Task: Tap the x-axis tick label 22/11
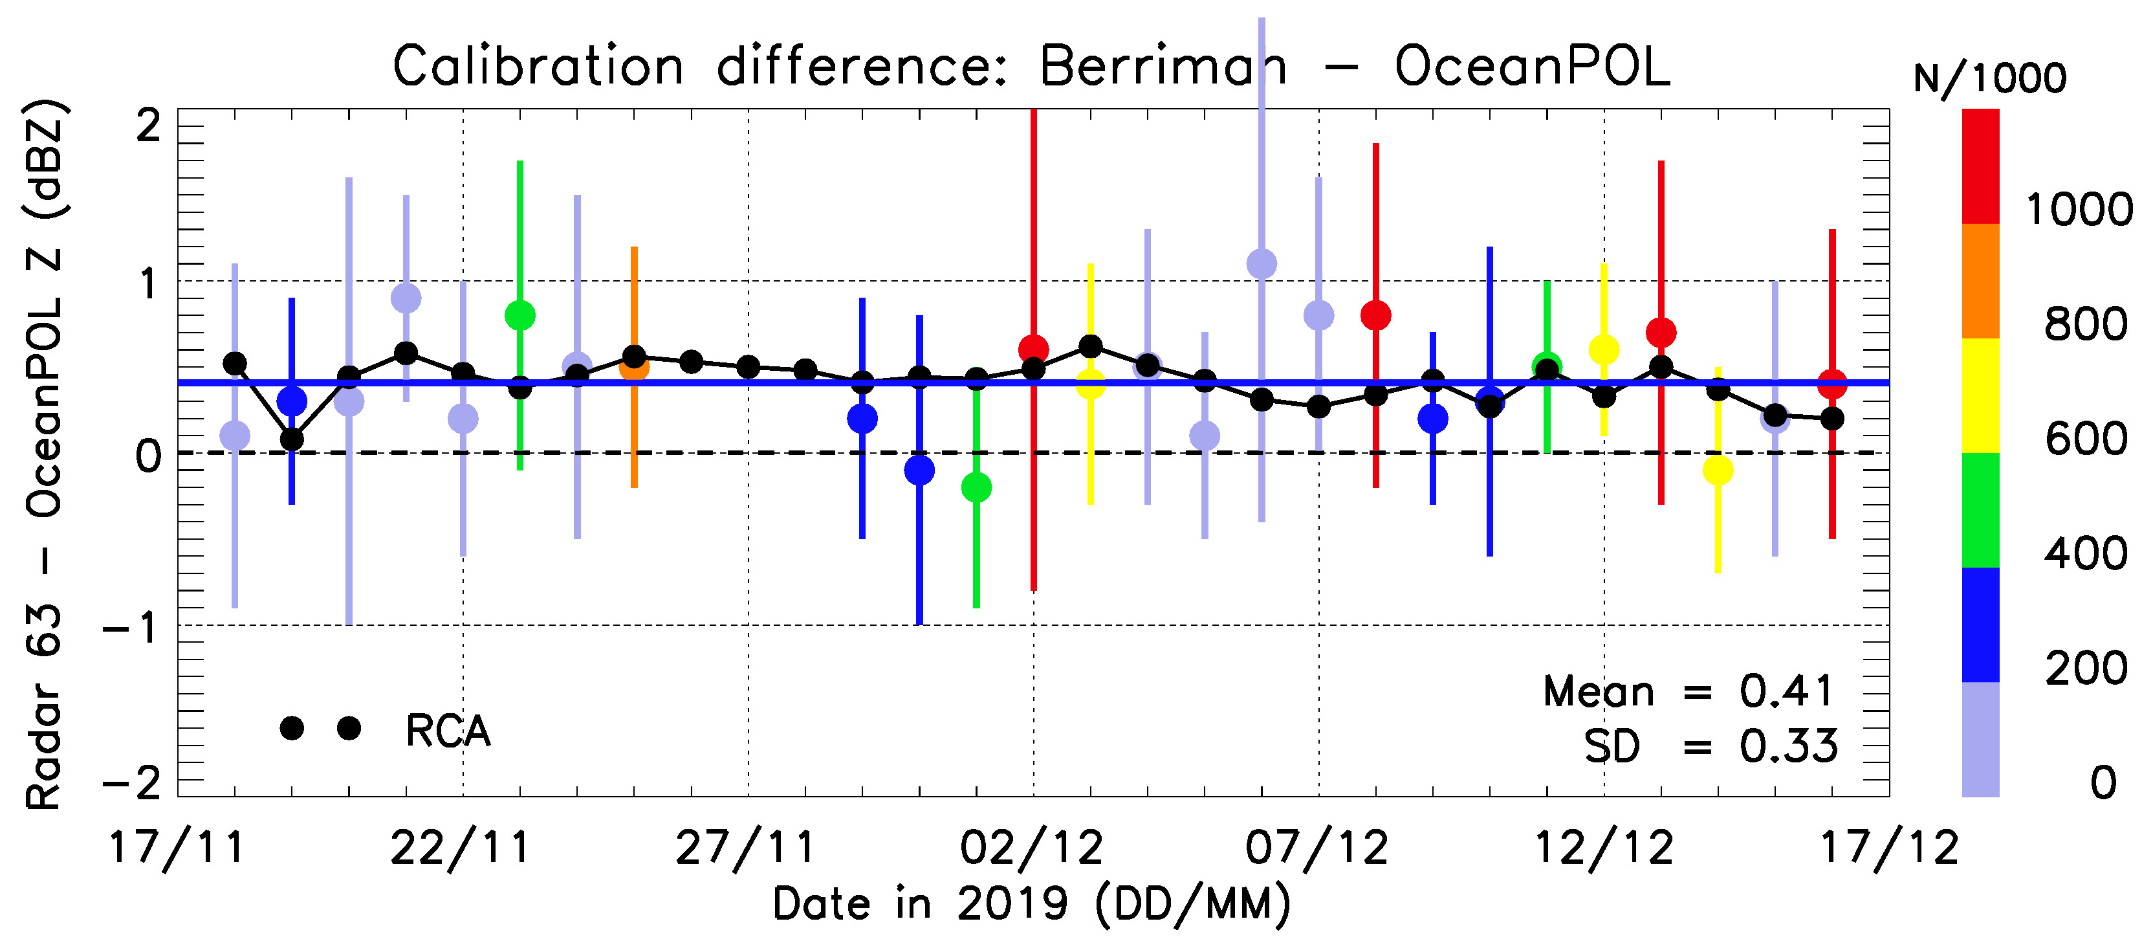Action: (461, 848)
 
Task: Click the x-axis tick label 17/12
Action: (1889, 848)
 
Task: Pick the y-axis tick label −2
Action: (132, 784)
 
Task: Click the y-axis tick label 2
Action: (149, 127)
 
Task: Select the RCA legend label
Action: (448, 731)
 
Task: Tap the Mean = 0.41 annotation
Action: (1689, 691)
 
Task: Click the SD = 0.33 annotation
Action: (1710, 746)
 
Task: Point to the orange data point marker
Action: (635, 367)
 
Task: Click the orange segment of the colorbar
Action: (1980, 281)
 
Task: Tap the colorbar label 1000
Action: (2079, 209)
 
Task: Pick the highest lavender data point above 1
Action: (1262, 264)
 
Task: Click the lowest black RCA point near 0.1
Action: (292, 439)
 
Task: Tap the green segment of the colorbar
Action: (1980, 510)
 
